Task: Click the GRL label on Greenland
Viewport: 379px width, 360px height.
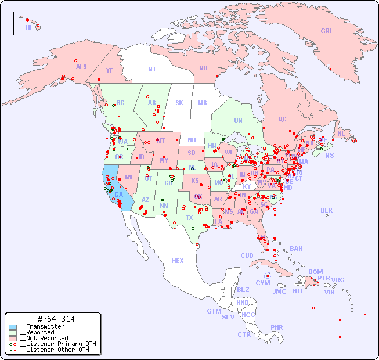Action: coord(327,31)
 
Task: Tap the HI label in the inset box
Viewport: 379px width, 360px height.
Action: coord(28,27)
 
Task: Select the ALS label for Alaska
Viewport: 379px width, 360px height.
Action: coord(81,67)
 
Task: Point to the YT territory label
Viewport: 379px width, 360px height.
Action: coord(109,70)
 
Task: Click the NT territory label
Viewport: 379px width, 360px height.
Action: coord(151,69)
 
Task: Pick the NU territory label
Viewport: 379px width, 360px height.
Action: coord(203,68)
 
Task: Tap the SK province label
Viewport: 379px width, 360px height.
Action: coord(179,103)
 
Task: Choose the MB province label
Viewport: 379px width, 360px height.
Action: coord(202,103)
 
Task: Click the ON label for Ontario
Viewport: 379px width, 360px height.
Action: coord(238,121)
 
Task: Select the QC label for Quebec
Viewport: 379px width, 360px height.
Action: coord(282,119)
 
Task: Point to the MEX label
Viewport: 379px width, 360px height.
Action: coord(178,261)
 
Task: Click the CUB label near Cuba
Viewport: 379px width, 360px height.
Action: coord(247,255)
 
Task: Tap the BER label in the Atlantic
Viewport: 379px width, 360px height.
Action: coord(326,210)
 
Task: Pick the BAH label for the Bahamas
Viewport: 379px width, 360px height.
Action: coord(296,249)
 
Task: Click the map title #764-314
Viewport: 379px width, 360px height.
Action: coord(55,319)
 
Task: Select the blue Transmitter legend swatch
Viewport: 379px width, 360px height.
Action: coord(13,327)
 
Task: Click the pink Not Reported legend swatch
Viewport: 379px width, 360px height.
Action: coord(13,338)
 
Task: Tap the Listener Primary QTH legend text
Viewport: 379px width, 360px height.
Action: coord(57,344)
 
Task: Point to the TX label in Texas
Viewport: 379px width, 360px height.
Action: coord(189,218)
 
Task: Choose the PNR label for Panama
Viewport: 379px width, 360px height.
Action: coord(277,327)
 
